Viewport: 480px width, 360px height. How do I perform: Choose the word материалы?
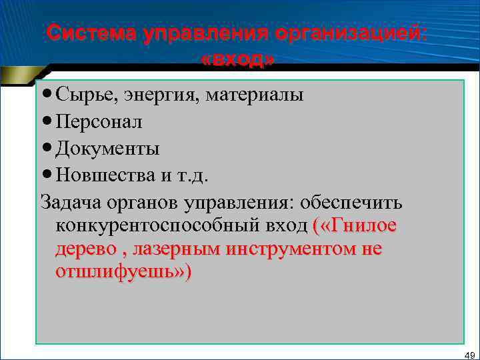(x=255, y=95)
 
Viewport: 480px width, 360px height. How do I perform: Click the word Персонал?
(x=99, y=122)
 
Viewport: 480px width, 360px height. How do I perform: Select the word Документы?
(x=108, y=148)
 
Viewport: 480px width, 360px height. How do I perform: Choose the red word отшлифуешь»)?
(x=124, y=273)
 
